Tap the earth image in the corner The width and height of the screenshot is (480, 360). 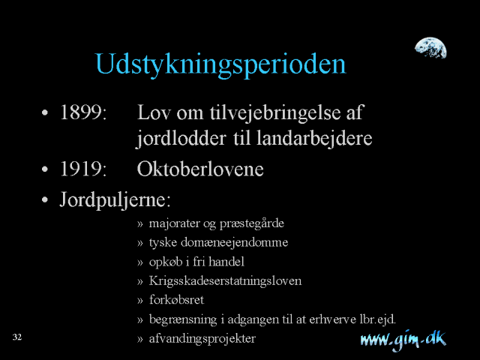(430, 48)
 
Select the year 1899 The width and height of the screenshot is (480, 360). (83, 112)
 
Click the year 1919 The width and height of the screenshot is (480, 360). (83, 169)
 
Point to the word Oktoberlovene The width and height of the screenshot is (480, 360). (200, 169)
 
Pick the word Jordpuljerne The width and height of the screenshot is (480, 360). (115, 200)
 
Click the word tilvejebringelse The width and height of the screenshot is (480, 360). (275, 113)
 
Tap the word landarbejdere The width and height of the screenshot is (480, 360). (314, 139)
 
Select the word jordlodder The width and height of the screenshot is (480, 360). (181, 139)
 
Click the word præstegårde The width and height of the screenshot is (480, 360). (252, 223)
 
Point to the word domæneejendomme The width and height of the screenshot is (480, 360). (235, 242)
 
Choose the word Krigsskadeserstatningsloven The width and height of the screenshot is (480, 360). (225, 280)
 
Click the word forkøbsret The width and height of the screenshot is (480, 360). (177, 300)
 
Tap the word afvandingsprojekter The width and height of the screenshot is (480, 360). (202, 338)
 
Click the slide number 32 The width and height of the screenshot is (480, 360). (17, 337)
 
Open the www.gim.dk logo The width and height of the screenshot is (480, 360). (403, 340)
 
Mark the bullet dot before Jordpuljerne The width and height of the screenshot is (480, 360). (45, 200)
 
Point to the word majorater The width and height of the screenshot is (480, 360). (175, 223)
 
